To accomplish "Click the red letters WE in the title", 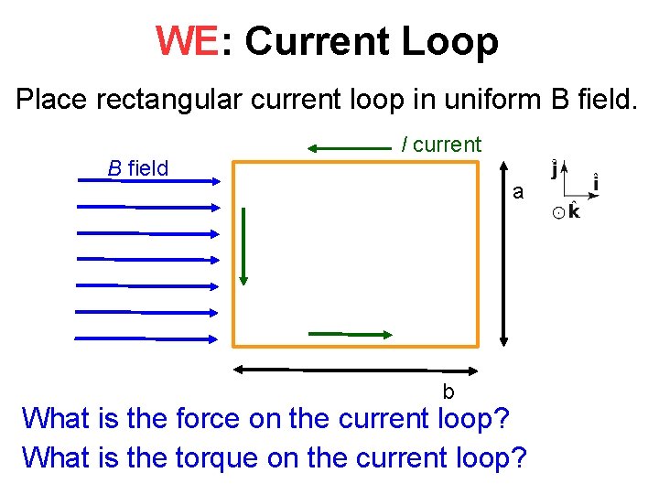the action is click(x=188, y=41).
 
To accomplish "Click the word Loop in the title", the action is click(x=449, y=41).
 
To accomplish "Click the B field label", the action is click(x=138, y=168).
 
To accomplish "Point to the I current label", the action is click(x=441, y=144).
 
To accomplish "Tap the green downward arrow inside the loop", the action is click(x=243, y=247).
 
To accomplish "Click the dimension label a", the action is click(x=518, y=192).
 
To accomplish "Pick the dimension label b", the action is click(x=448, y=392).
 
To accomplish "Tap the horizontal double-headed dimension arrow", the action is click(x=357, y=370).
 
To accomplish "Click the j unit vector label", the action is click(x=553, y=169).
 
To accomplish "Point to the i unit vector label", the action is click(x=596, y=183).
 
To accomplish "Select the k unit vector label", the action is click(x=573, y=212).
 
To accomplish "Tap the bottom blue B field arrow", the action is click(x=146, y=338).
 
